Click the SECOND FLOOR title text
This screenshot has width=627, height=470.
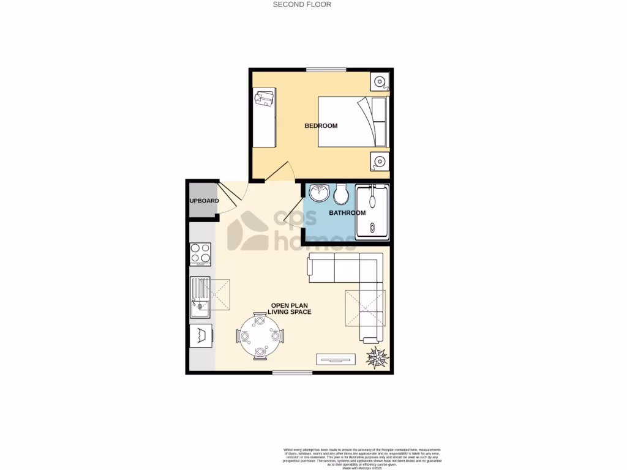coord(302,4)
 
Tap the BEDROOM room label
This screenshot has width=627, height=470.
coord(321,126)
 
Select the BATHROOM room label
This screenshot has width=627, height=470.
coord(347,213)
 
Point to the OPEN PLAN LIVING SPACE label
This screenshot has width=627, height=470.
coord(291,308)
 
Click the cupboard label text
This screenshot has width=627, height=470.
coord(203,201)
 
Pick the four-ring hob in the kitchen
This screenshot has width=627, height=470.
coord(200,253)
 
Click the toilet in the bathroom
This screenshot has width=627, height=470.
coord(341,194)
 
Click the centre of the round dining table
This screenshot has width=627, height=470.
coord(260,335)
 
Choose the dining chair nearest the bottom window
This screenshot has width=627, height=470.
coord(260,352)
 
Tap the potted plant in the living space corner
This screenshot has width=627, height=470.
coord(376,357)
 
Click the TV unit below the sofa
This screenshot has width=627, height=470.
coord(335,358)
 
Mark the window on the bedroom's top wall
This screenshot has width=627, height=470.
coord(327,70)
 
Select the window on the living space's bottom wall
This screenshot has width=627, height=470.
coord(292,372)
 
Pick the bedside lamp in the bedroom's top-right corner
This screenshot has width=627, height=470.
coord(380,81)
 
